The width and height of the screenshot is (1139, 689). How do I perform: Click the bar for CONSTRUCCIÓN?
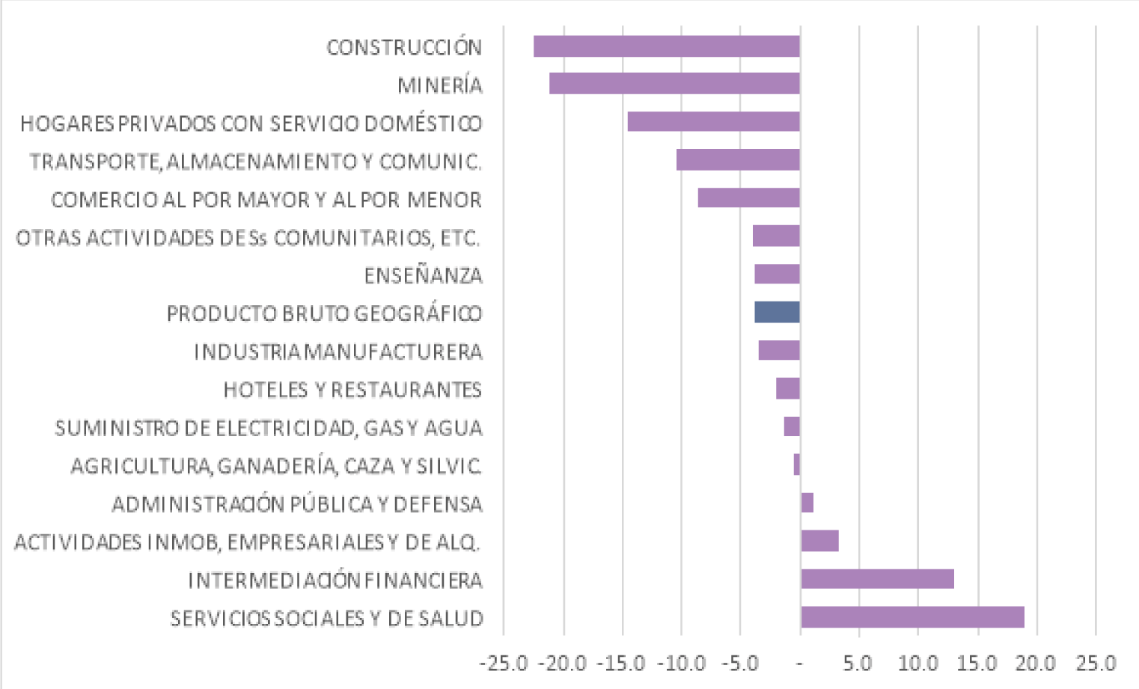(666, 46)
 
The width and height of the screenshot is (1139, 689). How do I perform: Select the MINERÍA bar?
(674, 84)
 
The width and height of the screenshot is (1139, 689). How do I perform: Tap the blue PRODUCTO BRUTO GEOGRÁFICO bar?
(777, 313)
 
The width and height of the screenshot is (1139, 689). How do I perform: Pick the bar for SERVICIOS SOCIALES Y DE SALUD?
(911, 618)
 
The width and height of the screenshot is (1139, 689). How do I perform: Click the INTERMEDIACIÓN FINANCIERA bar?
(877, 579)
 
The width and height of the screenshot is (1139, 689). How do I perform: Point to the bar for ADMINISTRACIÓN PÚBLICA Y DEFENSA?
(807, 503)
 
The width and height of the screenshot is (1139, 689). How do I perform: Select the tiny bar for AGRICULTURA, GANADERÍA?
(797, 465)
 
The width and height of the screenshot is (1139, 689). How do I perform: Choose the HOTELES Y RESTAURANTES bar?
(788, 389)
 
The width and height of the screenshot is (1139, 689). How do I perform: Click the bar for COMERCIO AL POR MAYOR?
(748, 198)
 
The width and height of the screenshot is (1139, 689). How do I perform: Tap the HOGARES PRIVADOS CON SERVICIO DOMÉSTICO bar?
(713, 122)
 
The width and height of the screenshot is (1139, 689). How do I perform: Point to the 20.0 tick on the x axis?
(1036, 664)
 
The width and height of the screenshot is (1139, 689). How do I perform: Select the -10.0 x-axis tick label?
(681, 664)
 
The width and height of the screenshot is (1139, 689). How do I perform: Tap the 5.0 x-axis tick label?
(858, 664)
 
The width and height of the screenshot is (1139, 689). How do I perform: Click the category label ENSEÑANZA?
(423, 276)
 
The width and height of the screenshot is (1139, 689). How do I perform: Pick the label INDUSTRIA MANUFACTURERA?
(338, 352)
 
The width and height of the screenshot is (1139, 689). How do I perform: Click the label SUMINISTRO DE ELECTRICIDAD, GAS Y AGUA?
(269, 428)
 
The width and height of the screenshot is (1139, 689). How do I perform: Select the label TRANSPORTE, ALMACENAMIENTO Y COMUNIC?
(255, 162)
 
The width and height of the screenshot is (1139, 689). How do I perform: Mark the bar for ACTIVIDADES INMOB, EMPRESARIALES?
(819, 541)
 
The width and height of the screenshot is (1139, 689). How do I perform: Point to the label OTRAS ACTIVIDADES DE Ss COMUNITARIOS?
(248, 238)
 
